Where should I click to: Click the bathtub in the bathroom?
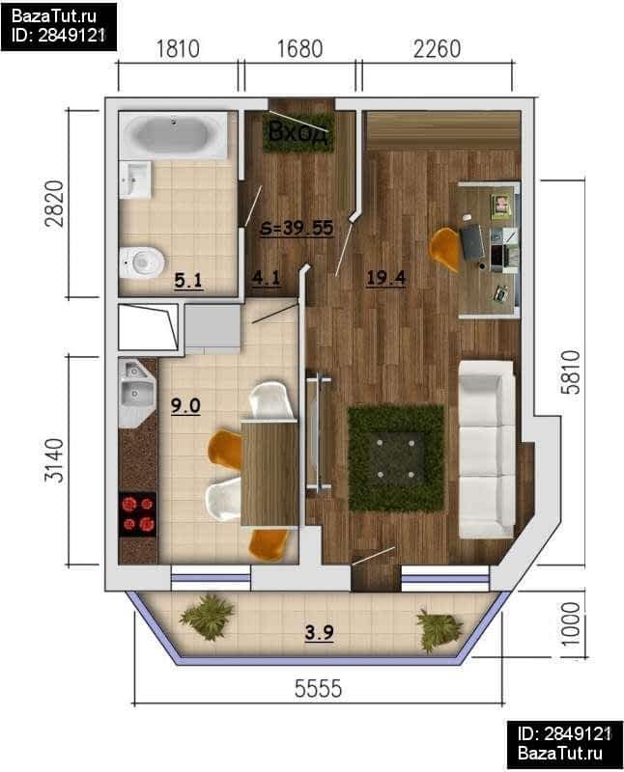[173, 135]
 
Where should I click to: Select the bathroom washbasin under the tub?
[135, 179]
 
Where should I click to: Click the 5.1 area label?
[188, 281]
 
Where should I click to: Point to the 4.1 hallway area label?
[267, 278]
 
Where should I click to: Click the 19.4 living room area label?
[386, 278]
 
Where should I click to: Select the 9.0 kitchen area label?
[185, 405]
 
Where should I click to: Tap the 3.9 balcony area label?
[320, 633]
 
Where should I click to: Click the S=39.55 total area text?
[297, 228]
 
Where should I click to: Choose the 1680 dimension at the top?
[300, 49]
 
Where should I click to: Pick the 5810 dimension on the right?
[571, 372]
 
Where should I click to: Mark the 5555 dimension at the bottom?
[319, 688]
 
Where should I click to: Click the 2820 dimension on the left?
[54, 204]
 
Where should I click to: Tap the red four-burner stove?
[138, 514]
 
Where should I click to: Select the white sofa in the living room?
[487, 449]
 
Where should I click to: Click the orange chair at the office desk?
[445, 248]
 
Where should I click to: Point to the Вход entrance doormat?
[298, 132]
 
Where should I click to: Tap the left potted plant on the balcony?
[207, 617]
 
